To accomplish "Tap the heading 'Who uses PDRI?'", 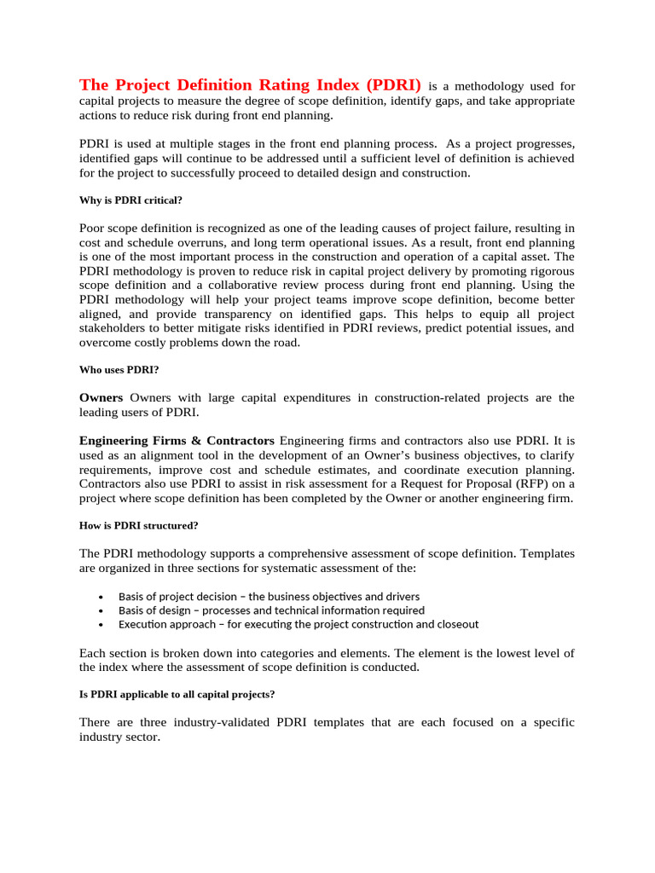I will point(119,371).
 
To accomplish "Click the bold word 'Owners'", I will point(101,397).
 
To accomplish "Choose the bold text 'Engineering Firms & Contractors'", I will point(177,441).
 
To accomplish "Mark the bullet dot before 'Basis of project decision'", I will point(101,597).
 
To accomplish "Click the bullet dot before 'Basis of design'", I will point(101,610).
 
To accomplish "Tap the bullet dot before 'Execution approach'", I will point(101,624).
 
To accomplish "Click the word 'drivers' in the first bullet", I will point(401,597).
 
